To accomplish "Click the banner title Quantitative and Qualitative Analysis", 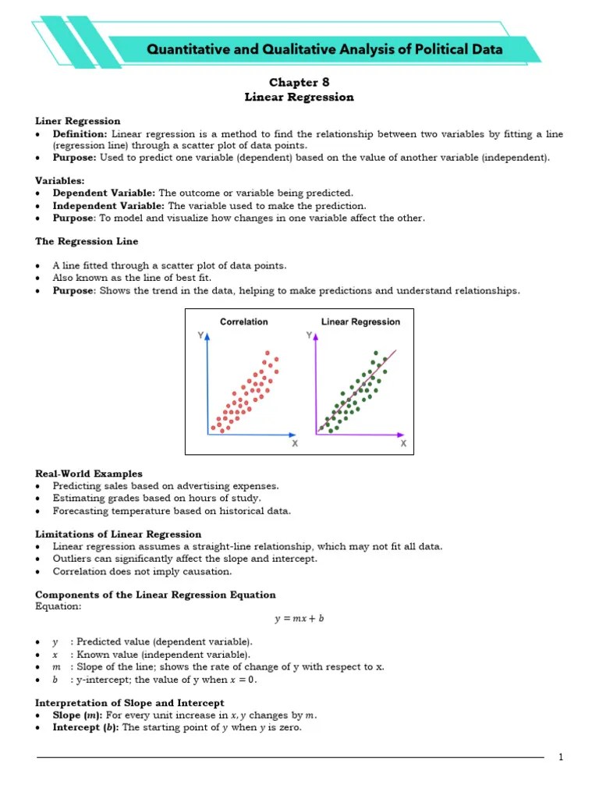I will point(325,50).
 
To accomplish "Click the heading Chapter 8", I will point(299,82).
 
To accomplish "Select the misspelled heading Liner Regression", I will point(78,121).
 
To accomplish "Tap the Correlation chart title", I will point(243,321).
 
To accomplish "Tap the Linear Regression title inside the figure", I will point(360,321).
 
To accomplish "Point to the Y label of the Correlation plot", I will point(202,336).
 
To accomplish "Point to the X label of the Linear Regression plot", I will point(403,443).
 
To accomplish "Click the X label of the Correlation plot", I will point(294,443).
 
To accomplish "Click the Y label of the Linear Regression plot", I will point(310,336).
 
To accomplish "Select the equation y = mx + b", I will point(299,619).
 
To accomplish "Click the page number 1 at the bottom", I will point(560,758).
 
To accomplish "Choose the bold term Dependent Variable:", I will point(104,193).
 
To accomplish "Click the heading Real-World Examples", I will point(89,474).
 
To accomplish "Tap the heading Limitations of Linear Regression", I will point(119,534).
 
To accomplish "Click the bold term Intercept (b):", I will point(86,728).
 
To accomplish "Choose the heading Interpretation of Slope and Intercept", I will point(129,703).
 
